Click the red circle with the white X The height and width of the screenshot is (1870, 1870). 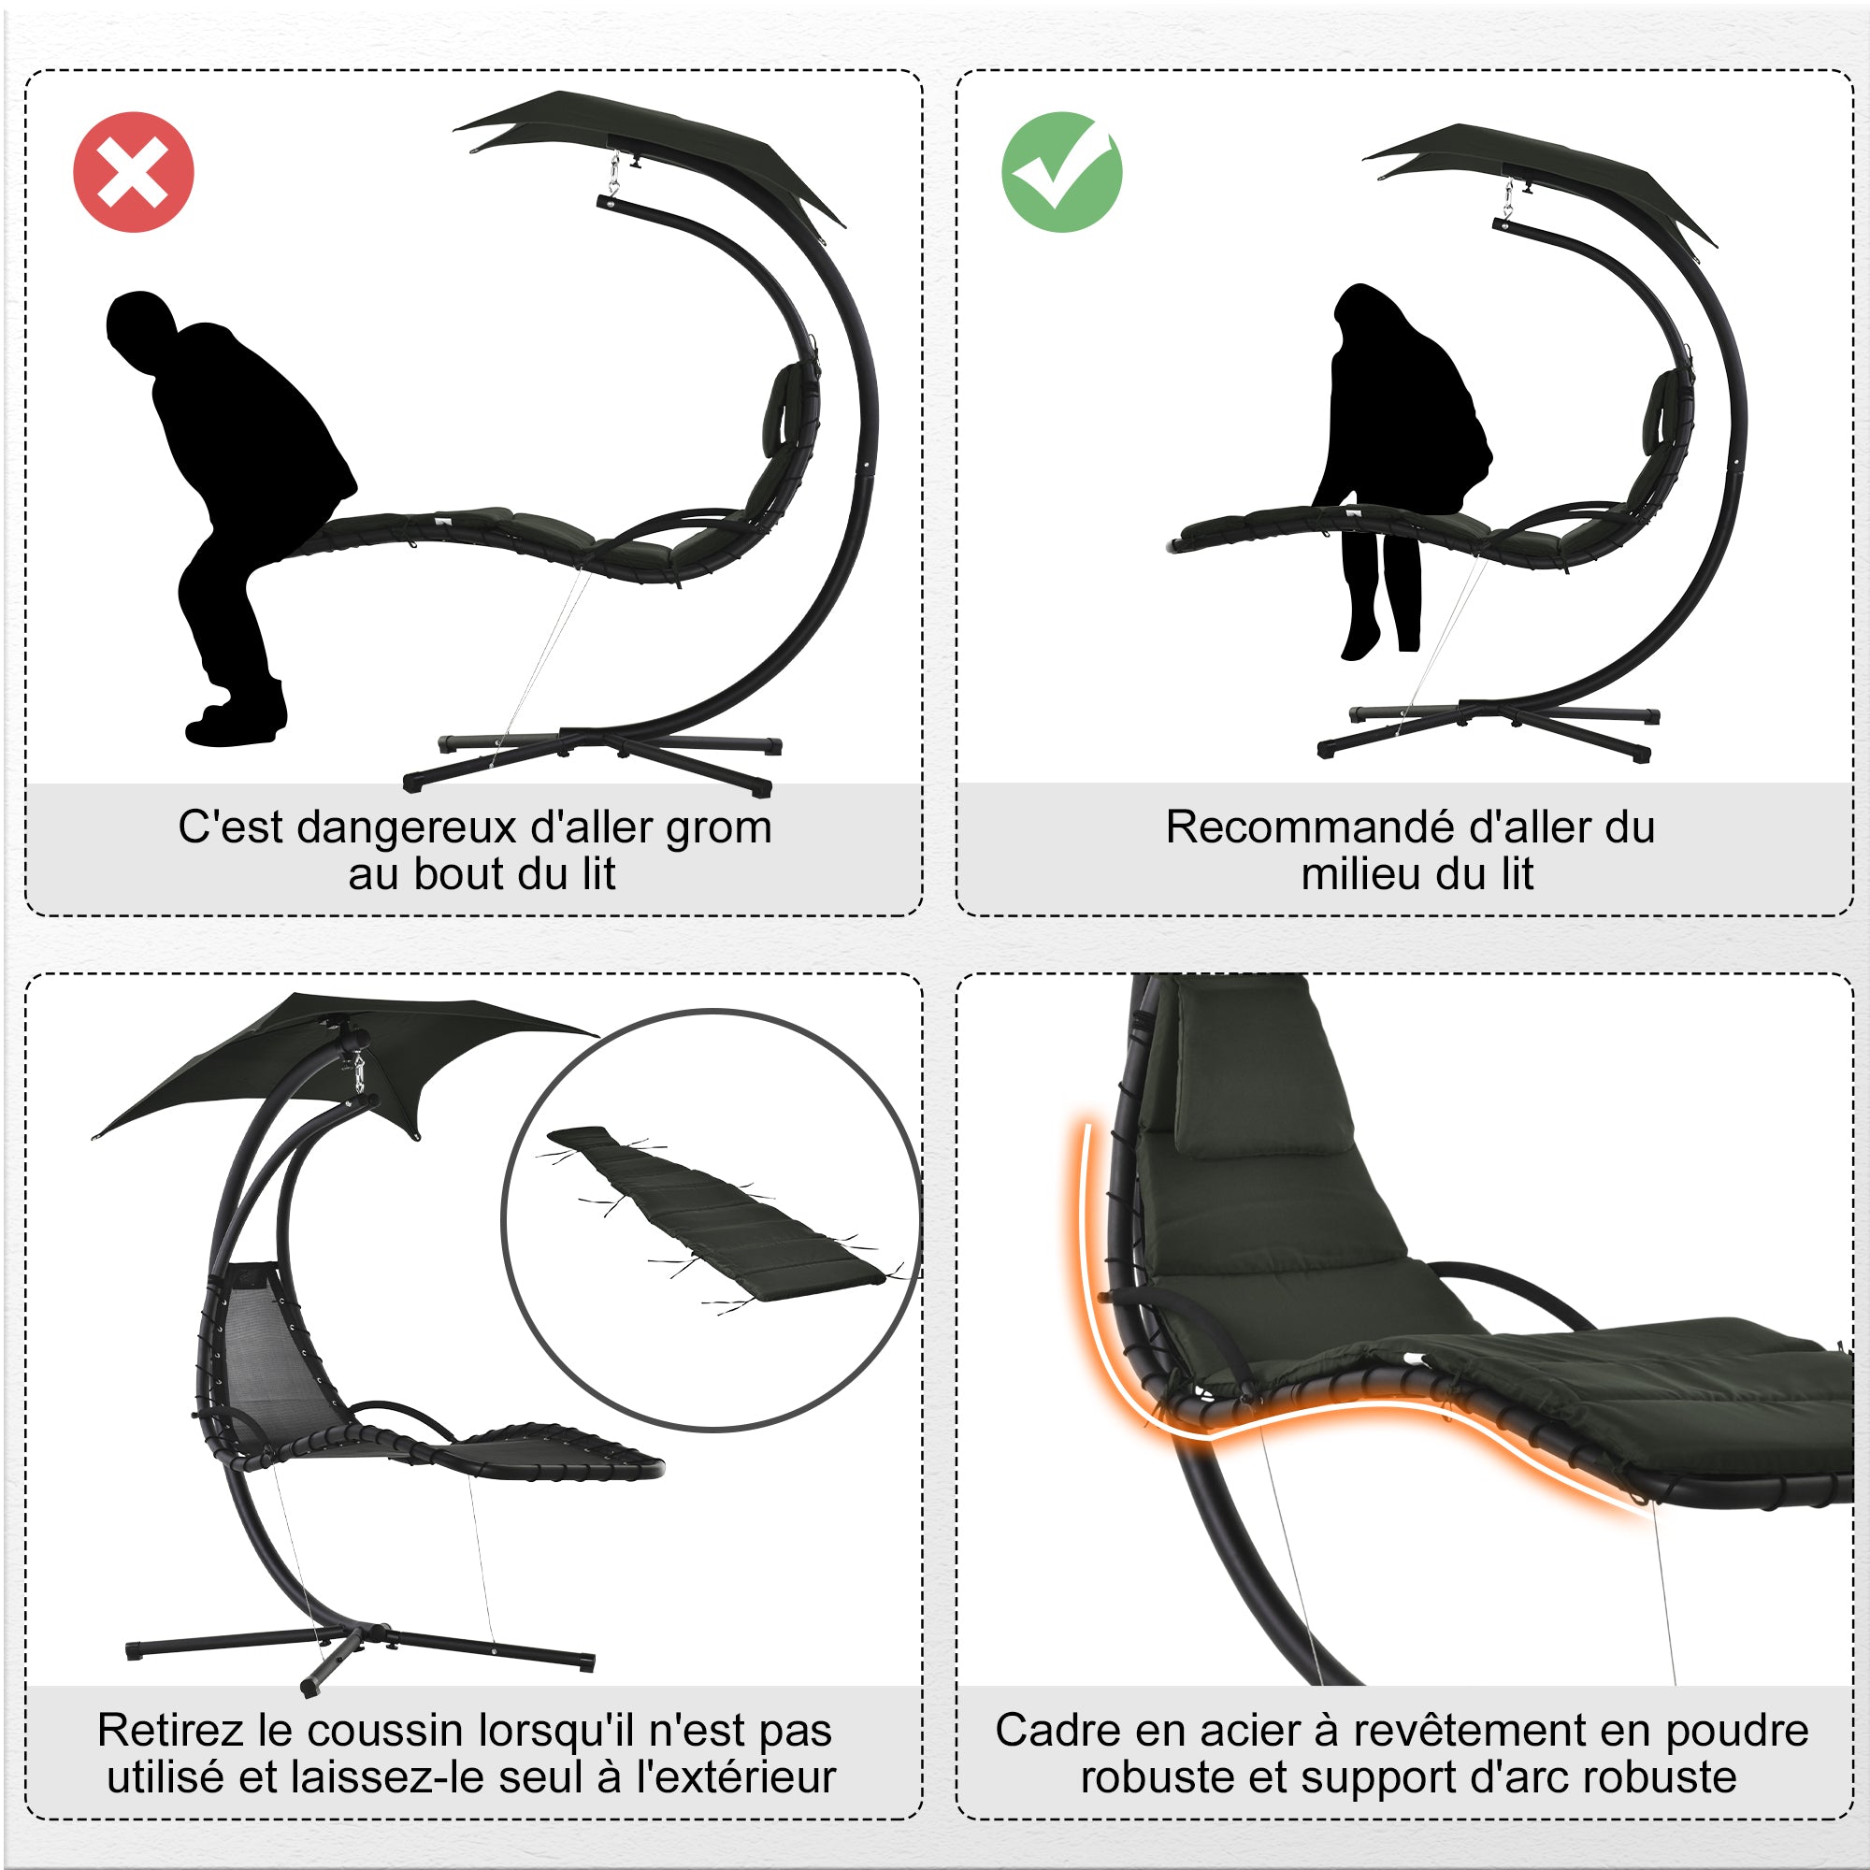(x=134, y=172)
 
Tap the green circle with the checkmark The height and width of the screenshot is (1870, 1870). (x=1062, y=172)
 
